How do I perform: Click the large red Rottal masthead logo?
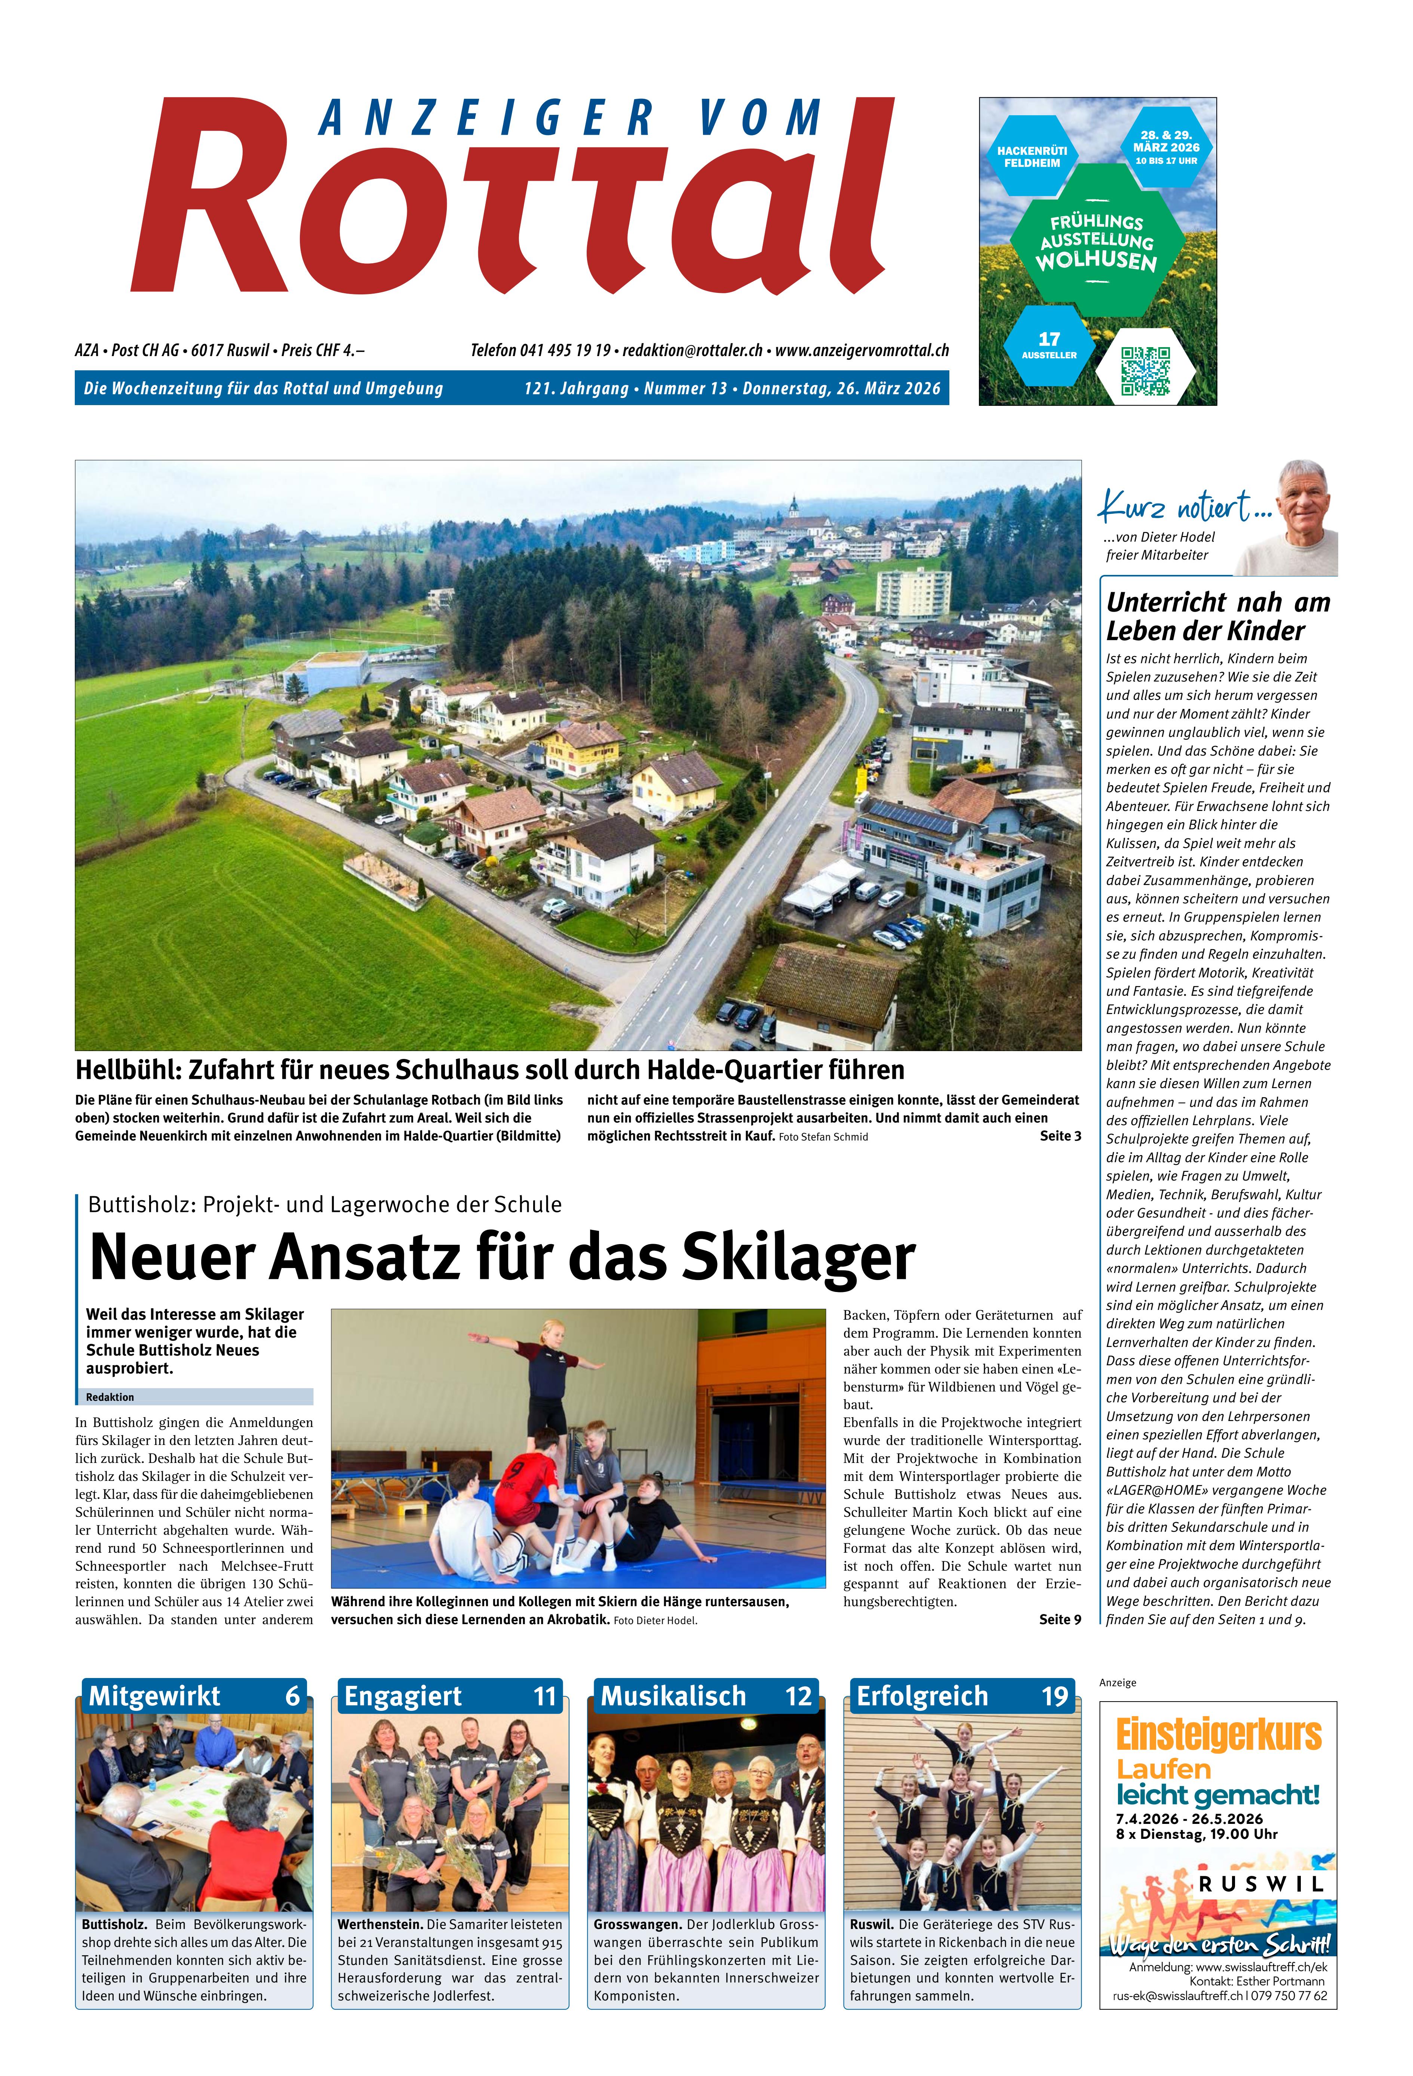click(514, 201)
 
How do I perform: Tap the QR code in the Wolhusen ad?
click(1145, 371)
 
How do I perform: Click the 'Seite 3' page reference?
click(1060, 1136)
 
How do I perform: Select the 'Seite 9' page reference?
click(1060, 1620)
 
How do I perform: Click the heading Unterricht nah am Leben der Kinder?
click(1217, 616)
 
